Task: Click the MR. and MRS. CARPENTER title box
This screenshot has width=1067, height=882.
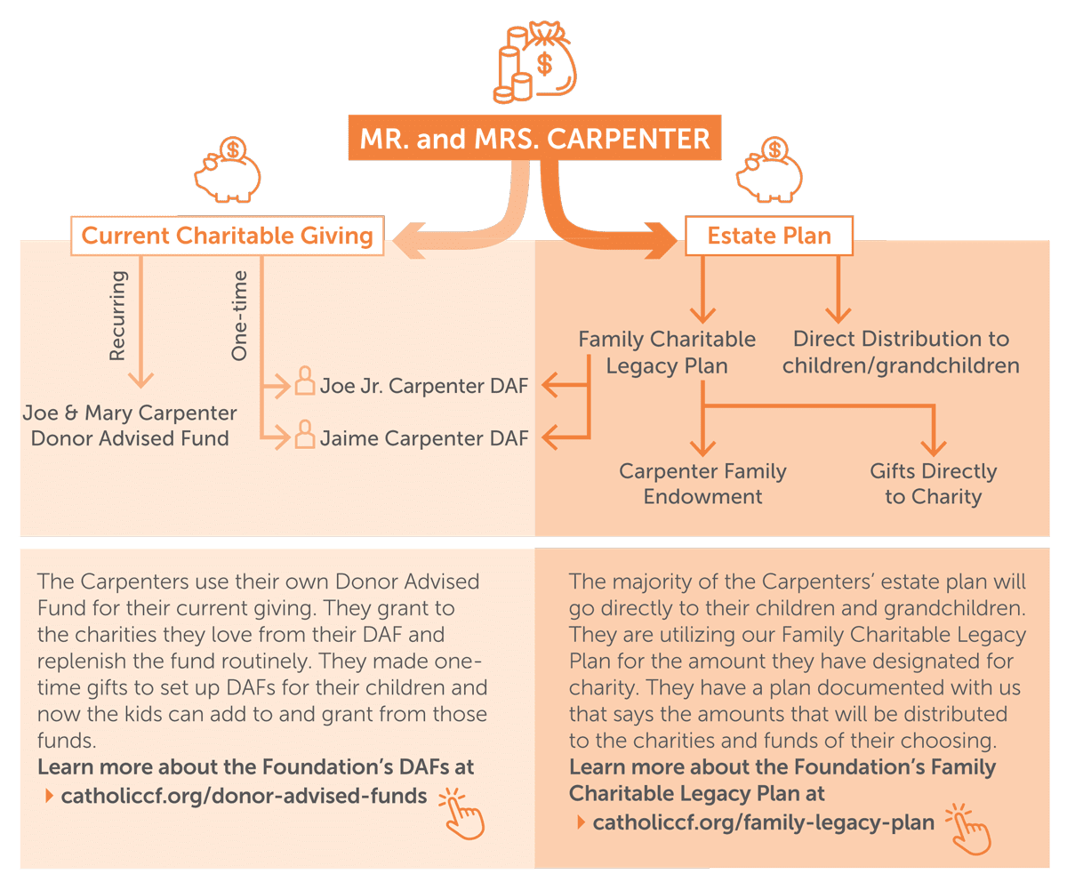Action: pyautogui.click(x=534, y=140)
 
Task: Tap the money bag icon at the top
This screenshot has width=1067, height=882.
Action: pyautogui.click(x=536, y=63)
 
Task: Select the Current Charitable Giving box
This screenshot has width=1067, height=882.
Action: pyautogui.click(x=228, y=236)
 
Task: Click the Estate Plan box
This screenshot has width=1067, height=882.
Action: pyautogui.click(x=769, y=236)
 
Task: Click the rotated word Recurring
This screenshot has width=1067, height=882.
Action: pyautogui.click(x=117, y=316)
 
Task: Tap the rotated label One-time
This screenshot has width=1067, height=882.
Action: pyautogui.click(x=238, y=316)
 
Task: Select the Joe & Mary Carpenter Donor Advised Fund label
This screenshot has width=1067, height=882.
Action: pyautogui.click(x=130, y=426)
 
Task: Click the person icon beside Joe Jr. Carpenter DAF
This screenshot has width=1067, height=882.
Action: pyautogui.click(x=304, y=383)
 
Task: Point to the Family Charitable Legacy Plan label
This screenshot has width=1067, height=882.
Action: pyautogui.click(x=667, y=352)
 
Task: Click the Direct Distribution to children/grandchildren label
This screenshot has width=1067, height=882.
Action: pyautogui.click(x=901, y=352)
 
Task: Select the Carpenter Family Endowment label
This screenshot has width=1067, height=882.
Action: pyautogui.click(x=702, y=484)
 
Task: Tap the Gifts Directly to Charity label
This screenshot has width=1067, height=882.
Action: pyautogui.click(x=933, y=484)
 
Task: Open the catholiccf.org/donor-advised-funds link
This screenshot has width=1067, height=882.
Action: pyautogui.click(x=243, y=796)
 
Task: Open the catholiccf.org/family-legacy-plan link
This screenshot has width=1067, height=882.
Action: pyautogui.click(x=763, y=822)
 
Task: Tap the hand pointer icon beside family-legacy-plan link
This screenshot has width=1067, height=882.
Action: pyautogui.click(x=968, y=830)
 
